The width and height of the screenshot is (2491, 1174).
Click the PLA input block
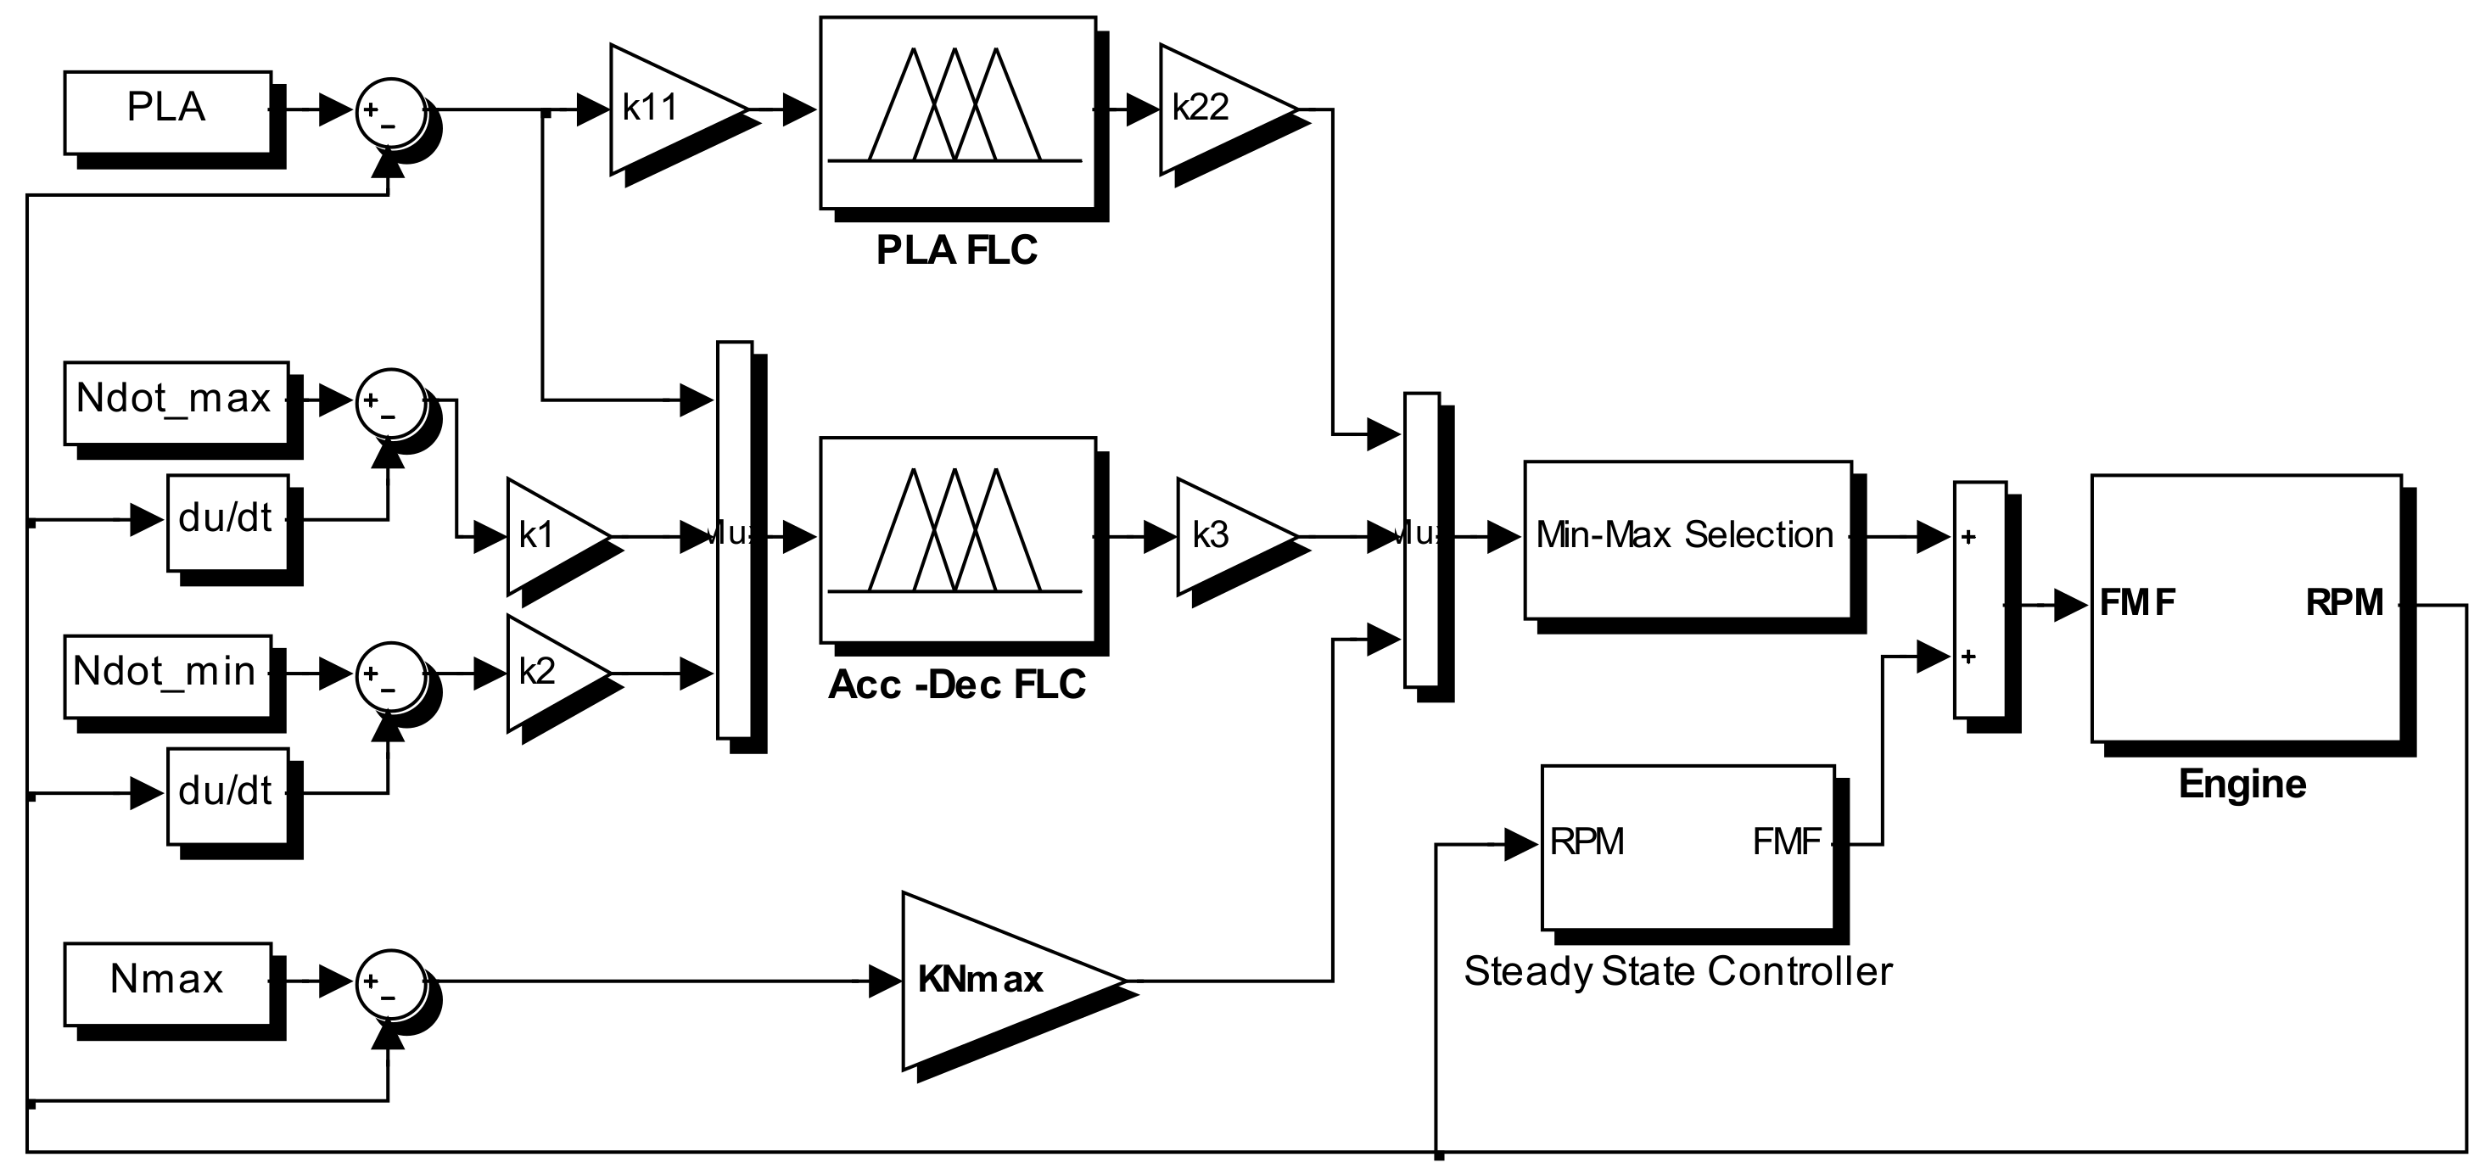(x=166, y=111)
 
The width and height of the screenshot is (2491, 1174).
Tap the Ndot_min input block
(x=166, y=675)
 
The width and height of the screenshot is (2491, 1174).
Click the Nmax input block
(x=166, y=982)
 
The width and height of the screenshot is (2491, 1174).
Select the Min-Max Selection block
(x=1687, y=539)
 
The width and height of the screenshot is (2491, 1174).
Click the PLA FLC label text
(x=956, y=250)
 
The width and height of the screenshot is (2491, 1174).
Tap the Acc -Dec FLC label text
(x=956, y=685)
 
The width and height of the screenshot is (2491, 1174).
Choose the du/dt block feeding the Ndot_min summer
(x=227, y=793)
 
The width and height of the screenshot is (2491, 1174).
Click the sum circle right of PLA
(x=390, y=113)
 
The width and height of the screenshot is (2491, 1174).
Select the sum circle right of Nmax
(x=390, y=983)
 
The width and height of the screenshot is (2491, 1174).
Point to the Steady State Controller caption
(x=1677, y=971)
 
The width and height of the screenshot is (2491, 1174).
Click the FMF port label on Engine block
(x=2136, y=603)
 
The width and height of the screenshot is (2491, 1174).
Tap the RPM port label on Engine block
(x=2344, y=603)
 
